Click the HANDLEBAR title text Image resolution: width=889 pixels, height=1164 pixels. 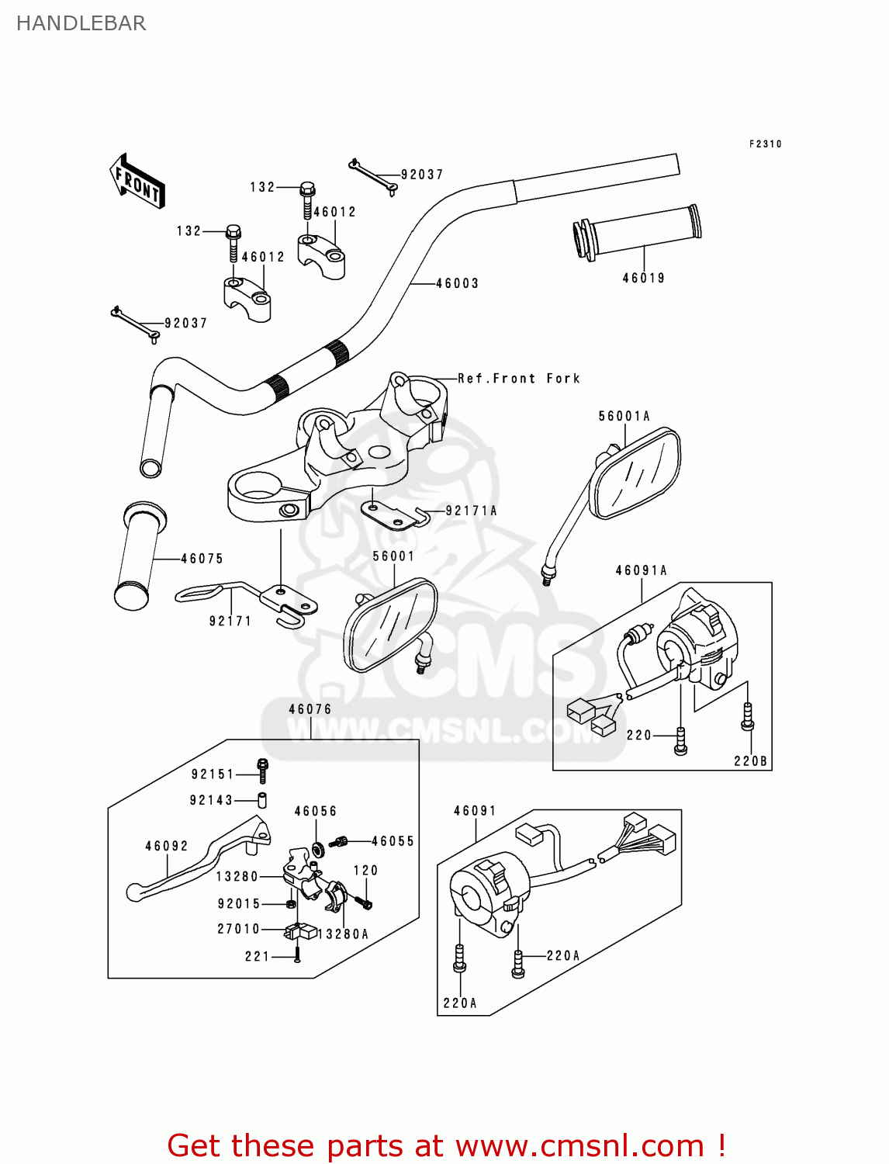pyautogui.click(x=81, y=23)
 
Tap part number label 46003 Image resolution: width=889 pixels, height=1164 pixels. pyautogui.click(x=457, y=284)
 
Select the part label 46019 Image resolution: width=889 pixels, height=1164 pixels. pyautogui.click(x=644, y=278)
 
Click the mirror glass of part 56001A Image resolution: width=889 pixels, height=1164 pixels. pyautogui.click(x=635, y=474)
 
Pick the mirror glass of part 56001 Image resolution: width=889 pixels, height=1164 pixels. pyautogui.click(x=390, y=625)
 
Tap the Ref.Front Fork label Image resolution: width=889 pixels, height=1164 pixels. pyautogui.click(x=518, y=379)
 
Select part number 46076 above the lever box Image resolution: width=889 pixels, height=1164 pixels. pyautogui.click(x=310, y=709)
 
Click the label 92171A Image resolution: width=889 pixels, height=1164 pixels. pyautogui.click(x=471, y=511)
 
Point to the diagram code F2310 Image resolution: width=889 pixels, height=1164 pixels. pyautogui.click(x=765, y=144)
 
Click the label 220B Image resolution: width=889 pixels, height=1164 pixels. pyautogui.click(x=750, y=761)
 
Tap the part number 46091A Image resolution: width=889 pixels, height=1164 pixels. pyautogui.click(x=642, y=570)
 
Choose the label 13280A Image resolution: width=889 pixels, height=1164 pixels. pyautogui.click(x=343, y=934)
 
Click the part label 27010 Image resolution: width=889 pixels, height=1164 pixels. pyautogui.click(x=238, y=929)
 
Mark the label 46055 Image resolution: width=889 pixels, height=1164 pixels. pyautogui.click(x=393, y=841)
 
